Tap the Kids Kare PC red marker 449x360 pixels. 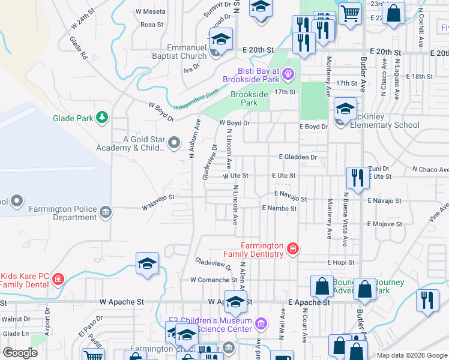[58, 279]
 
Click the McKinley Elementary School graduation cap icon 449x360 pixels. [345, 109]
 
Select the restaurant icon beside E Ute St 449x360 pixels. [357, 178]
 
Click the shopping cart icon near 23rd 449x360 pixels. [350, 12]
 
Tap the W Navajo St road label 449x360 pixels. [158, 202]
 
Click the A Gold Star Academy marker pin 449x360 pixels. [174, 143]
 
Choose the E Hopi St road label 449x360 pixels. [340, 262]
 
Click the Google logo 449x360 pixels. [20, 353]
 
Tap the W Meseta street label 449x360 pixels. [150, 11]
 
